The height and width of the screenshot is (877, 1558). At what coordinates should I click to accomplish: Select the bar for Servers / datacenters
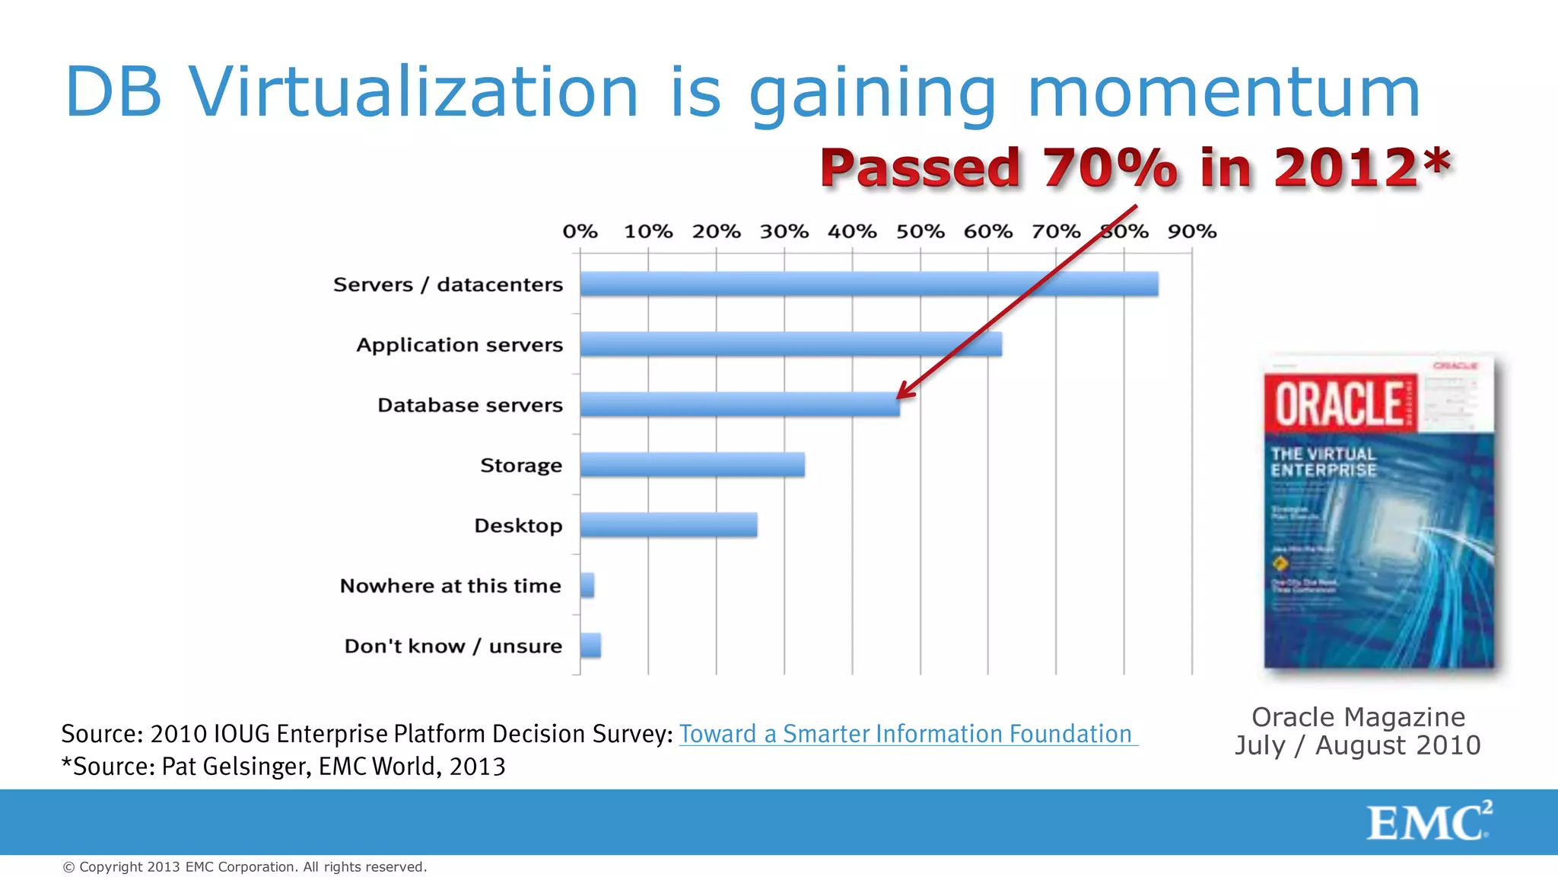[x=869, y=284]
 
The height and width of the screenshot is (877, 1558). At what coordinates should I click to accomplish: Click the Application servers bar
[x=790, y=344]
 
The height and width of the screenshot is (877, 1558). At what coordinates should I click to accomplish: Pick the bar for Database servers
[x=739, y=404]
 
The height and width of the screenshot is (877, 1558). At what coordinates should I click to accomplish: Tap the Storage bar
[x=692, y=464]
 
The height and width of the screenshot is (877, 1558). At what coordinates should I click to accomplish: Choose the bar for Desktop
[x=669, y=525]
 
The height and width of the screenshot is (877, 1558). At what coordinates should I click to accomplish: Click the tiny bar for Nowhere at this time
[x=587, y=585]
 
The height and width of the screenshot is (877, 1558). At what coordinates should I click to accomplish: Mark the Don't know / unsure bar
[x=590, y=646]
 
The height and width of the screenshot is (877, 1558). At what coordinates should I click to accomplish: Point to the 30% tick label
[x=784, y=231]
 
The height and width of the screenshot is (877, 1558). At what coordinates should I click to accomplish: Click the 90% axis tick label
[x=1192, y=231]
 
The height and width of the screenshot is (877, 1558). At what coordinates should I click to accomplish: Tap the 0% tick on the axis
[x=580, y=231]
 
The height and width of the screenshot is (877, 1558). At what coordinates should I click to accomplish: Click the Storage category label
[x=521, y=465]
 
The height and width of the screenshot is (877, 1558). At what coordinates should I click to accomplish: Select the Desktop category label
[x=518, y=525]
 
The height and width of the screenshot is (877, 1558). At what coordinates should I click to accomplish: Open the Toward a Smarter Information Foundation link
[x=908, y=734]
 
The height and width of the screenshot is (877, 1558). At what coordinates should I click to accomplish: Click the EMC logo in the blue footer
[x=1428, y=821]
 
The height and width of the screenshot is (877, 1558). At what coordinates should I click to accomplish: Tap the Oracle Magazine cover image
[x=1378, y=512]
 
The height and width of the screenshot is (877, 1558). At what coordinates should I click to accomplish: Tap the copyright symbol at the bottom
[x=68, y=867]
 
